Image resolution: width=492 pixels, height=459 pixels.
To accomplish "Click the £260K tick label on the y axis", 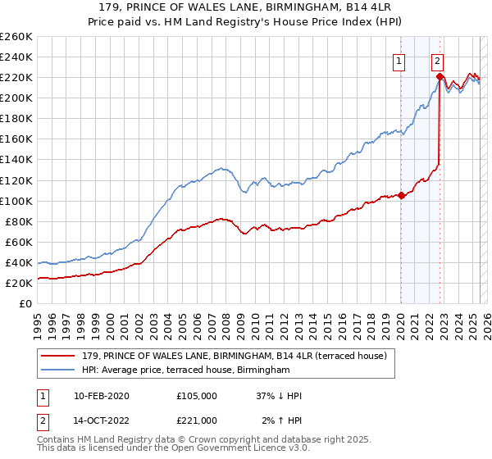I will [16, 37].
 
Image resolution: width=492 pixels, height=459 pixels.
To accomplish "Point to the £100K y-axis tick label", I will [16, 201].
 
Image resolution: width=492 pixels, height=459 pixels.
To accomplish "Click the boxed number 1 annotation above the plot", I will [399, 60].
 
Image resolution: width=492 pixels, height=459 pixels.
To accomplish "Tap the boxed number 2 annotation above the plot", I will [438, 60].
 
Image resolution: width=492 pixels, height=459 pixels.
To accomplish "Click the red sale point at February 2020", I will [401, 195].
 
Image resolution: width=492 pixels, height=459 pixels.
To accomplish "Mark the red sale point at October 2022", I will [440, 77].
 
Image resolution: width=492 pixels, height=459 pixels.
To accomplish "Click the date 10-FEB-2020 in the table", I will [102, 396].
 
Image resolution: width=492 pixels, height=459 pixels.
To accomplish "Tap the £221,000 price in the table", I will [197, 420].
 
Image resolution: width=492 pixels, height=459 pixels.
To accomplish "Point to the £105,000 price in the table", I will [197, 396].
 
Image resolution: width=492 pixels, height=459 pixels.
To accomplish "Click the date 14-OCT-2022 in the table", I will [102, 420].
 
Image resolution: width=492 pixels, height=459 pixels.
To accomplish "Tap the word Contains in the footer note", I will [57, 440].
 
